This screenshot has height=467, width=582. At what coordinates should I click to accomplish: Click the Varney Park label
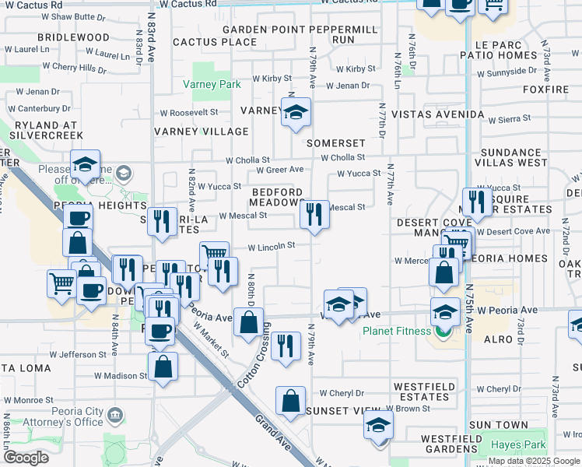coord(212,84)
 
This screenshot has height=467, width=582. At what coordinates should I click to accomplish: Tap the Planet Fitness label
coord(397,331)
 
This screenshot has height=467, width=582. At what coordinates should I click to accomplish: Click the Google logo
coord(26,458)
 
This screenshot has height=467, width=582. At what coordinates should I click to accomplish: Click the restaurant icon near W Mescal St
coord(314,213)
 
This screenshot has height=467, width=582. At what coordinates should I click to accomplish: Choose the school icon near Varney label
coord(296,114)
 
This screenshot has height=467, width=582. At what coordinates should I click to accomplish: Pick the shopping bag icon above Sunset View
coord(290,400)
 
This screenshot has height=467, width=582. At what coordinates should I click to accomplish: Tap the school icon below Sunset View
coord(379,425)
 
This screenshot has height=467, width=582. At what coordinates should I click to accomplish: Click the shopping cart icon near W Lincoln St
coord(214,253)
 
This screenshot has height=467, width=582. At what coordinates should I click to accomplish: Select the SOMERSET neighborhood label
coord(335,143)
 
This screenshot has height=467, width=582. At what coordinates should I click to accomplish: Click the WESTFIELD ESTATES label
coord(421,391)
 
